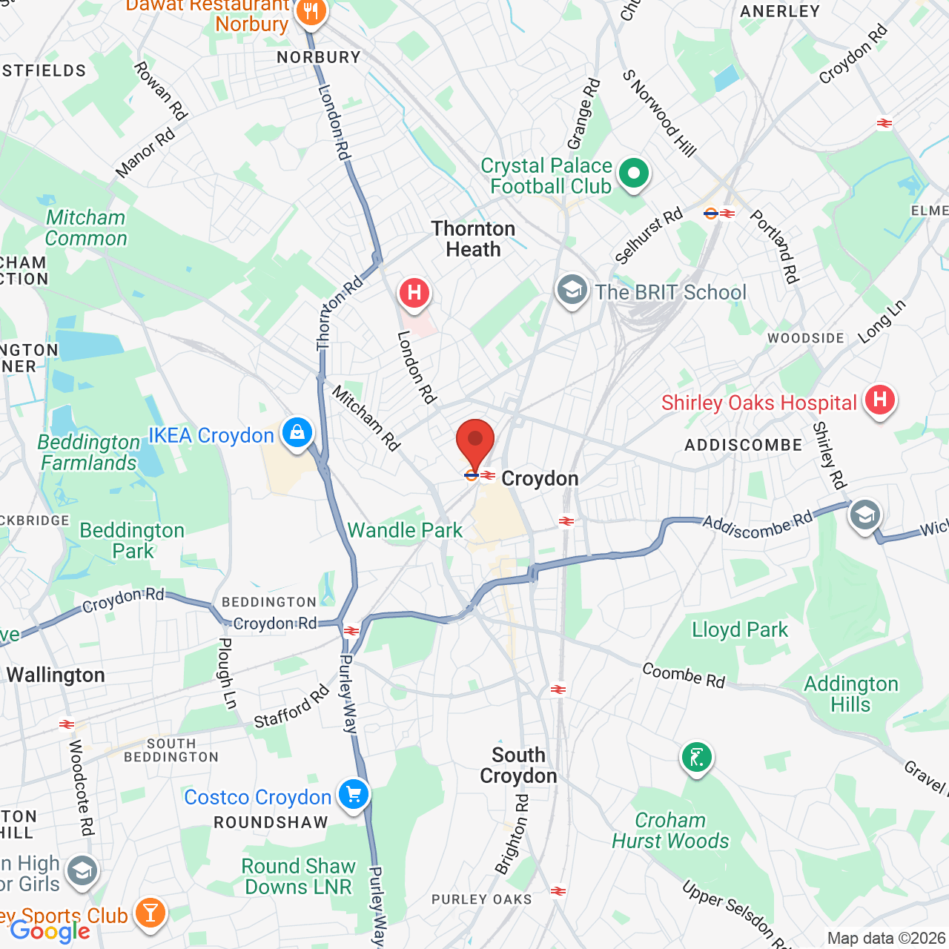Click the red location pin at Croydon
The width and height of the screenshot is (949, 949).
tap(475, 443)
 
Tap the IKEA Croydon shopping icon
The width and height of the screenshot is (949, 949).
tap(297, 431)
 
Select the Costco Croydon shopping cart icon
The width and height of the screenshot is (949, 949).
tap(354, 794)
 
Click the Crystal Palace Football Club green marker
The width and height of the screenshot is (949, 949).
tap(633, 174)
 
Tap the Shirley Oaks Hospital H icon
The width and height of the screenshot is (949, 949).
tap(879, 400)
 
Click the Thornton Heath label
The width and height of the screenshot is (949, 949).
tap(473, 239)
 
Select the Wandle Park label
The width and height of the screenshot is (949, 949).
tap(405, 530)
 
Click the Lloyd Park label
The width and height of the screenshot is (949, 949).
tap(739, 629)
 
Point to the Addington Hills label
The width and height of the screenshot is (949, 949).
tap(850, 694)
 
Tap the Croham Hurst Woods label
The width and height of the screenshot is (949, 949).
tap(670, 830)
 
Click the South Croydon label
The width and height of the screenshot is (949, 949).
tap(518, 765)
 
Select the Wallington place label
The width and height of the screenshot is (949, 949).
tap(56, 675)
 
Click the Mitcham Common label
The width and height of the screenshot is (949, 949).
tap(86, 228)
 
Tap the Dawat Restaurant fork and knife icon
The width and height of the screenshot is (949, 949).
tap(311, 12)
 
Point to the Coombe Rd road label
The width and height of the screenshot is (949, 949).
tap(684, 675)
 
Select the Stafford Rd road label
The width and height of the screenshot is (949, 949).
tap(291, 707)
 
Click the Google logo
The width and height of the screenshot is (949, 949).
tap(50, 931)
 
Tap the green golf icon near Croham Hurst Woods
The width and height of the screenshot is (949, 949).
tap(696, 757)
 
